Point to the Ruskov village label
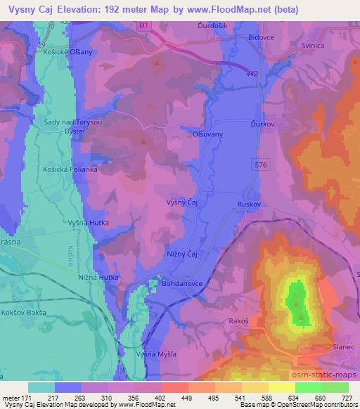coord(249,204)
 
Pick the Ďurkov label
coord(262,122)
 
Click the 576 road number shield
coord(261,163)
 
